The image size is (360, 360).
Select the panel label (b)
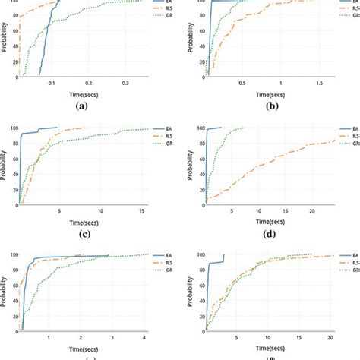click(x=271, y=107)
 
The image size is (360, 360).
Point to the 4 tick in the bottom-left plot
click(x=144, y=336)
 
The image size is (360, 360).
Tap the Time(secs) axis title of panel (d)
click(x=271, y=220)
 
